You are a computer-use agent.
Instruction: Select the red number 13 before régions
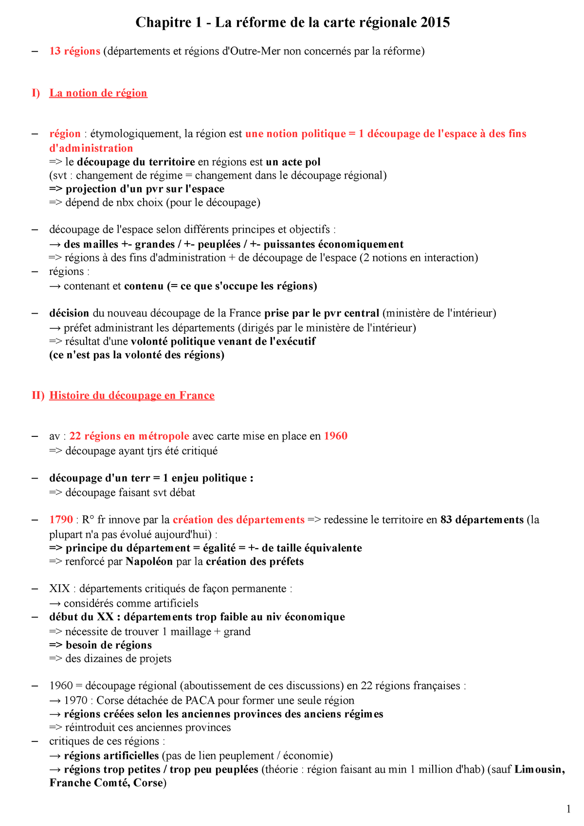tap(55, 51)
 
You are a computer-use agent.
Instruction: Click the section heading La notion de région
tap(98, 93)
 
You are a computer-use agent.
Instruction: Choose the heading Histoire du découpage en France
tap(131, 395)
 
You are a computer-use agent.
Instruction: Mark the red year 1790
tap(61, 520)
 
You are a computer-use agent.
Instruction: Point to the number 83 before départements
tap(446, 520)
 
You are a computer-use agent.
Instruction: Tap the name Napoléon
tap(149, 562)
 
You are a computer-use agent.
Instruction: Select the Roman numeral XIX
tap(59, 589)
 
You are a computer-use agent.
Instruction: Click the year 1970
tap(75, 700)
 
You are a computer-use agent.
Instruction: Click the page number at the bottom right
tap(568, 809)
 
